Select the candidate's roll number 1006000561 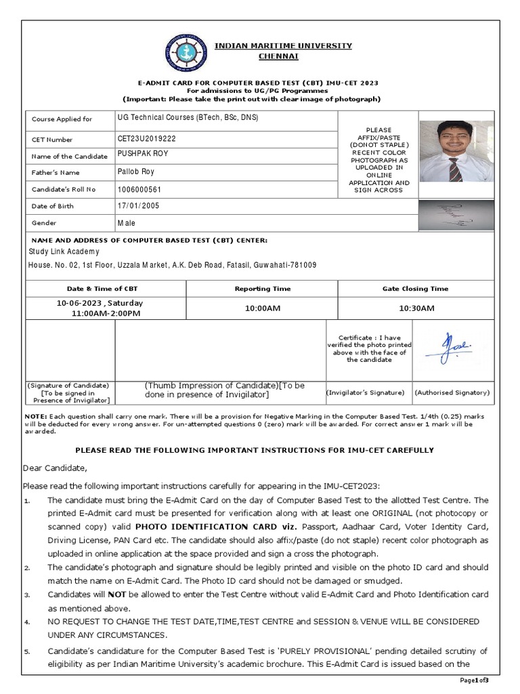(x=139, y=189)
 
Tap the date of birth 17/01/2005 (x=138, y=205)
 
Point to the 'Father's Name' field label (x=54, y=173)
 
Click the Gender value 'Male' (x=126, y=223)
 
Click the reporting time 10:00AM (x=263, y=308)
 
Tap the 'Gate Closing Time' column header (x=416, y=289)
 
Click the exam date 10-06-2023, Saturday (x=100, y=303)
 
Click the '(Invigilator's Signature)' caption (x=365, y=392)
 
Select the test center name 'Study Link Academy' (x=63, y=251)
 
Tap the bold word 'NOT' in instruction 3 (x=99, y=594)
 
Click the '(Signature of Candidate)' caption (x=68, y=385)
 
